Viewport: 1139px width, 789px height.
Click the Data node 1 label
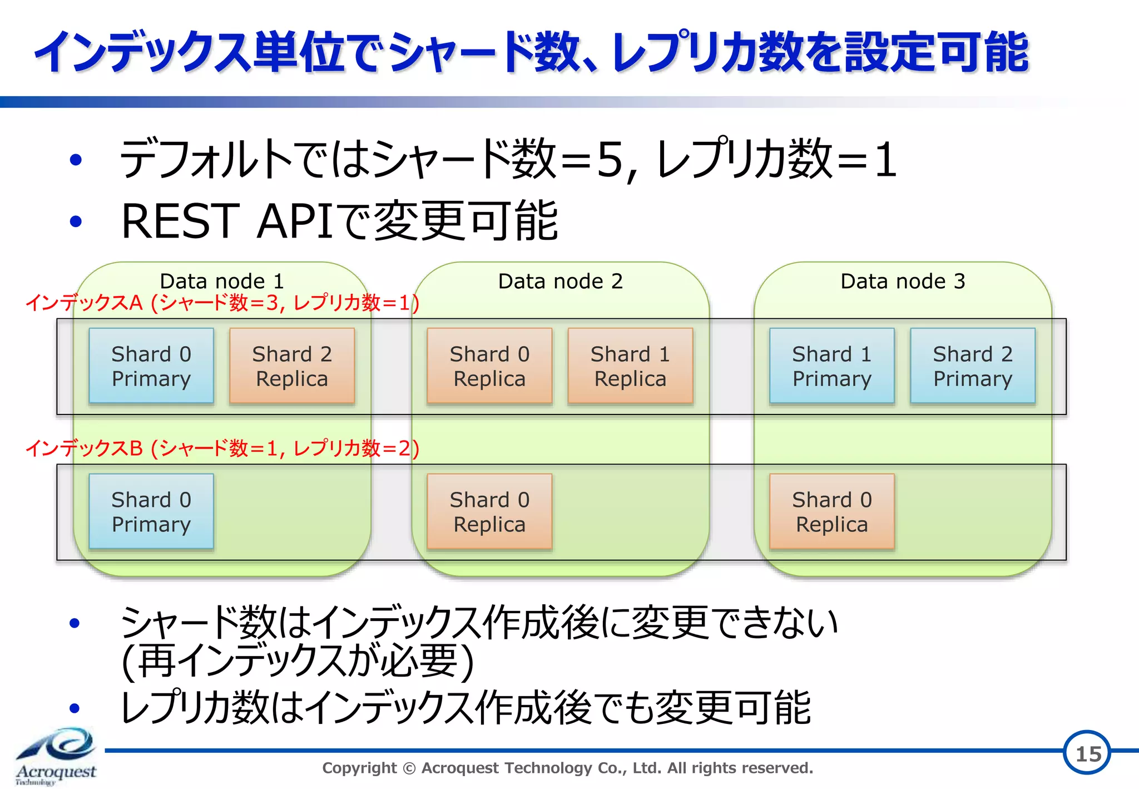[222, 281]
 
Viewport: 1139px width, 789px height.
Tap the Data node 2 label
[560, 281]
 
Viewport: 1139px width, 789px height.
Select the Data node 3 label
[903, 281]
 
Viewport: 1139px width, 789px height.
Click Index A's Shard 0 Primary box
[151, 366]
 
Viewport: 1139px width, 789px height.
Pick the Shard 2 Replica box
[292, 366]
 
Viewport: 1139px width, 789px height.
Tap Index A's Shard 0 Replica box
[489, 366]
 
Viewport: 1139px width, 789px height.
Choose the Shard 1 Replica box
[630, 366]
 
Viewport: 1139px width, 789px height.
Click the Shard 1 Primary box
[832, 366]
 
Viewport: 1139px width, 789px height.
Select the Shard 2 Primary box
[973, 366]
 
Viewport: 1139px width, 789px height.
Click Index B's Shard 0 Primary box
[151, 511]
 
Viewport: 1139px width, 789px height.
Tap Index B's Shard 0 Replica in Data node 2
[489, 511]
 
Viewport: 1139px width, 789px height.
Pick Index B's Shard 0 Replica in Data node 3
[832, 511]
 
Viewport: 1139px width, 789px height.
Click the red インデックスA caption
[222, 303]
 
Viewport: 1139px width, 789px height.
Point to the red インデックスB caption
[222, 448]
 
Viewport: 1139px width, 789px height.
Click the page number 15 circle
[1088, 753]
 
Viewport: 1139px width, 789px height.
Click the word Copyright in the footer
[359, 768]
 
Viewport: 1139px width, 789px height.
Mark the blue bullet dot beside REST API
[76, 221]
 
